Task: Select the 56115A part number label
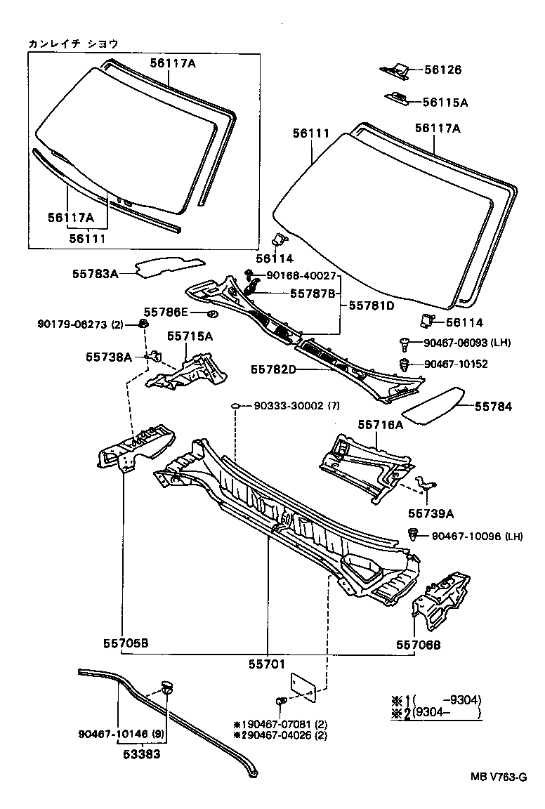[445, 102]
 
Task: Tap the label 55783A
[95, 274]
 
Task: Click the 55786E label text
[166, 311]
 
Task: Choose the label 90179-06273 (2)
[80, 324]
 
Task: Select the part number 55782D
[275, 369]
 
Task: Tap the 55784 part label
[493, 406]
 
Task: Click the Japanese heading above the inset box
[72, 44]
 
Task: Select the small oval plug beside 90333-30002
[237, 406]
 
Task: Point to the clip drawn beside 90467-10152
[405, 364]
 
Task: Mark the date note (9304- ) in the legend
[447, 713]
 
